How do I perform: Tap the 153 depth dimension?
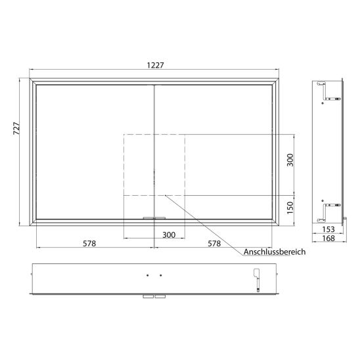(330, 229)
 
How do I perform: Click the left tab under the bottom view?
(146, 296)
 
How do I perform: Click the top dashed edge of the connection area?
(154, 133)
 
